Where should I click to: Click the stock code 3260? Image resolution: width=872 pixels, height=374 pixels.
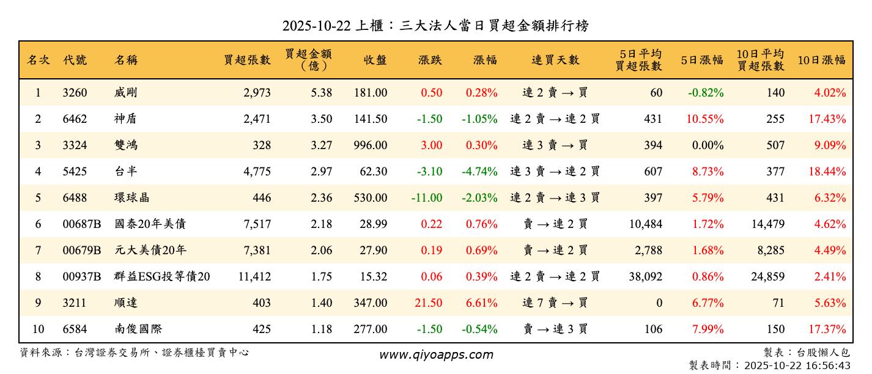click(75, 93)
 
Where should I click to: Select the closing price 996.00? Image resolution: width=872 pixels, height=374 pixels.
click(370, 145)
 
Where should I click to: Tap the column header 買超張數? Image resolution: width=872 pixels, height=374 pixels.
click(247, 60)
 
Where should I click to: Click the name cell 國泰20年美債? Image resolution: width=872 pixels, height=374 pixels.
click(150, 224)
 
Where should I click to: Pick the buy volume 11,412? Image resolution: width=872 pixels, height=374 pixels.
click(254, 277)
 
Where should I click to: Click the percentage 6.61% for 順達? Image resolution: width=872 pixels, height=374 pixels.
click(481, 303)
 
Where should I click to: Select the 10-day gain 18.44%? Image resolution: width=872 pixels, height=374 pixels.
click(827, 172)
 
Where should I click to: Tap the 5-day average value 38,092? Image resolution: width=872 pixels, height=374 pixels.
click(645, 277)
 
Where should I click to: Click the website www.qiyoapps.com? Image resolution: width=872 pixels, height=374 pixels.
click(435, 354)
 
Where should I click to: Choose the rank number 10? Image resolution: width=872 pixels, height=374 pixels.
click(38, 329)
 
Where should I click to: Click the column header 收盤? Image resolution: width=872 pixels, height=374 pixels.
click(375, 60)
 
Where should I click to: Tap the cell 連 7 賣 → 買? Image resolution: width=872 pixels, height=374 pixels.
click(555, 303)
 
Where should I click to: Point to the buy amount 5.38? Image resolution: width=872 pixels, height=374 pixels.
click(321, 93)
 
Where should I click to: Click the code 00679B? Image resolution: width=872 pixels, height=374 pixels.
click(82, 251)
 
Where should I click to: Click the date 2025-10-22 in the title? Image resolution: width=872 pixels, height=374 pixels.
click(317, 26)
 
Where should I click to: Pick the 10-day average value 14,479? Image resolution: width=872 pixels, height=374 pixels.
click(767, 224)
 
